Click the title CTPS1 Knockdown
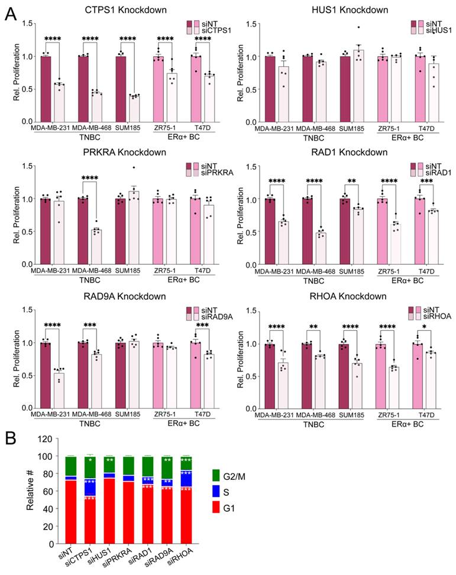(125, 9)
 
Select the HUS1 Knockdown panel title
(350, 9)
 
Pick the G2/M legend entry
(228, 476)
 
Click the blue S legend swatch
(216, 492)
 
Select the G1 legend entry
(224, 509)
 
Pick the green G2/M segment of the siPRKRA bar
(128, 466)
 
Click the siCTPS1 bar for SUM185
(134, 109)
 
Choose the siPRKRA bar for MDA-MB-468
(96, 247)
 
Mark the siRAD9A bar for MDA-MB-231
(59, 391)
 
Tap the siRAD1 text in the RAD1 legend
(438, 173)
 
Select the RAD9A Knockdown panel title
(125, 296)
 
